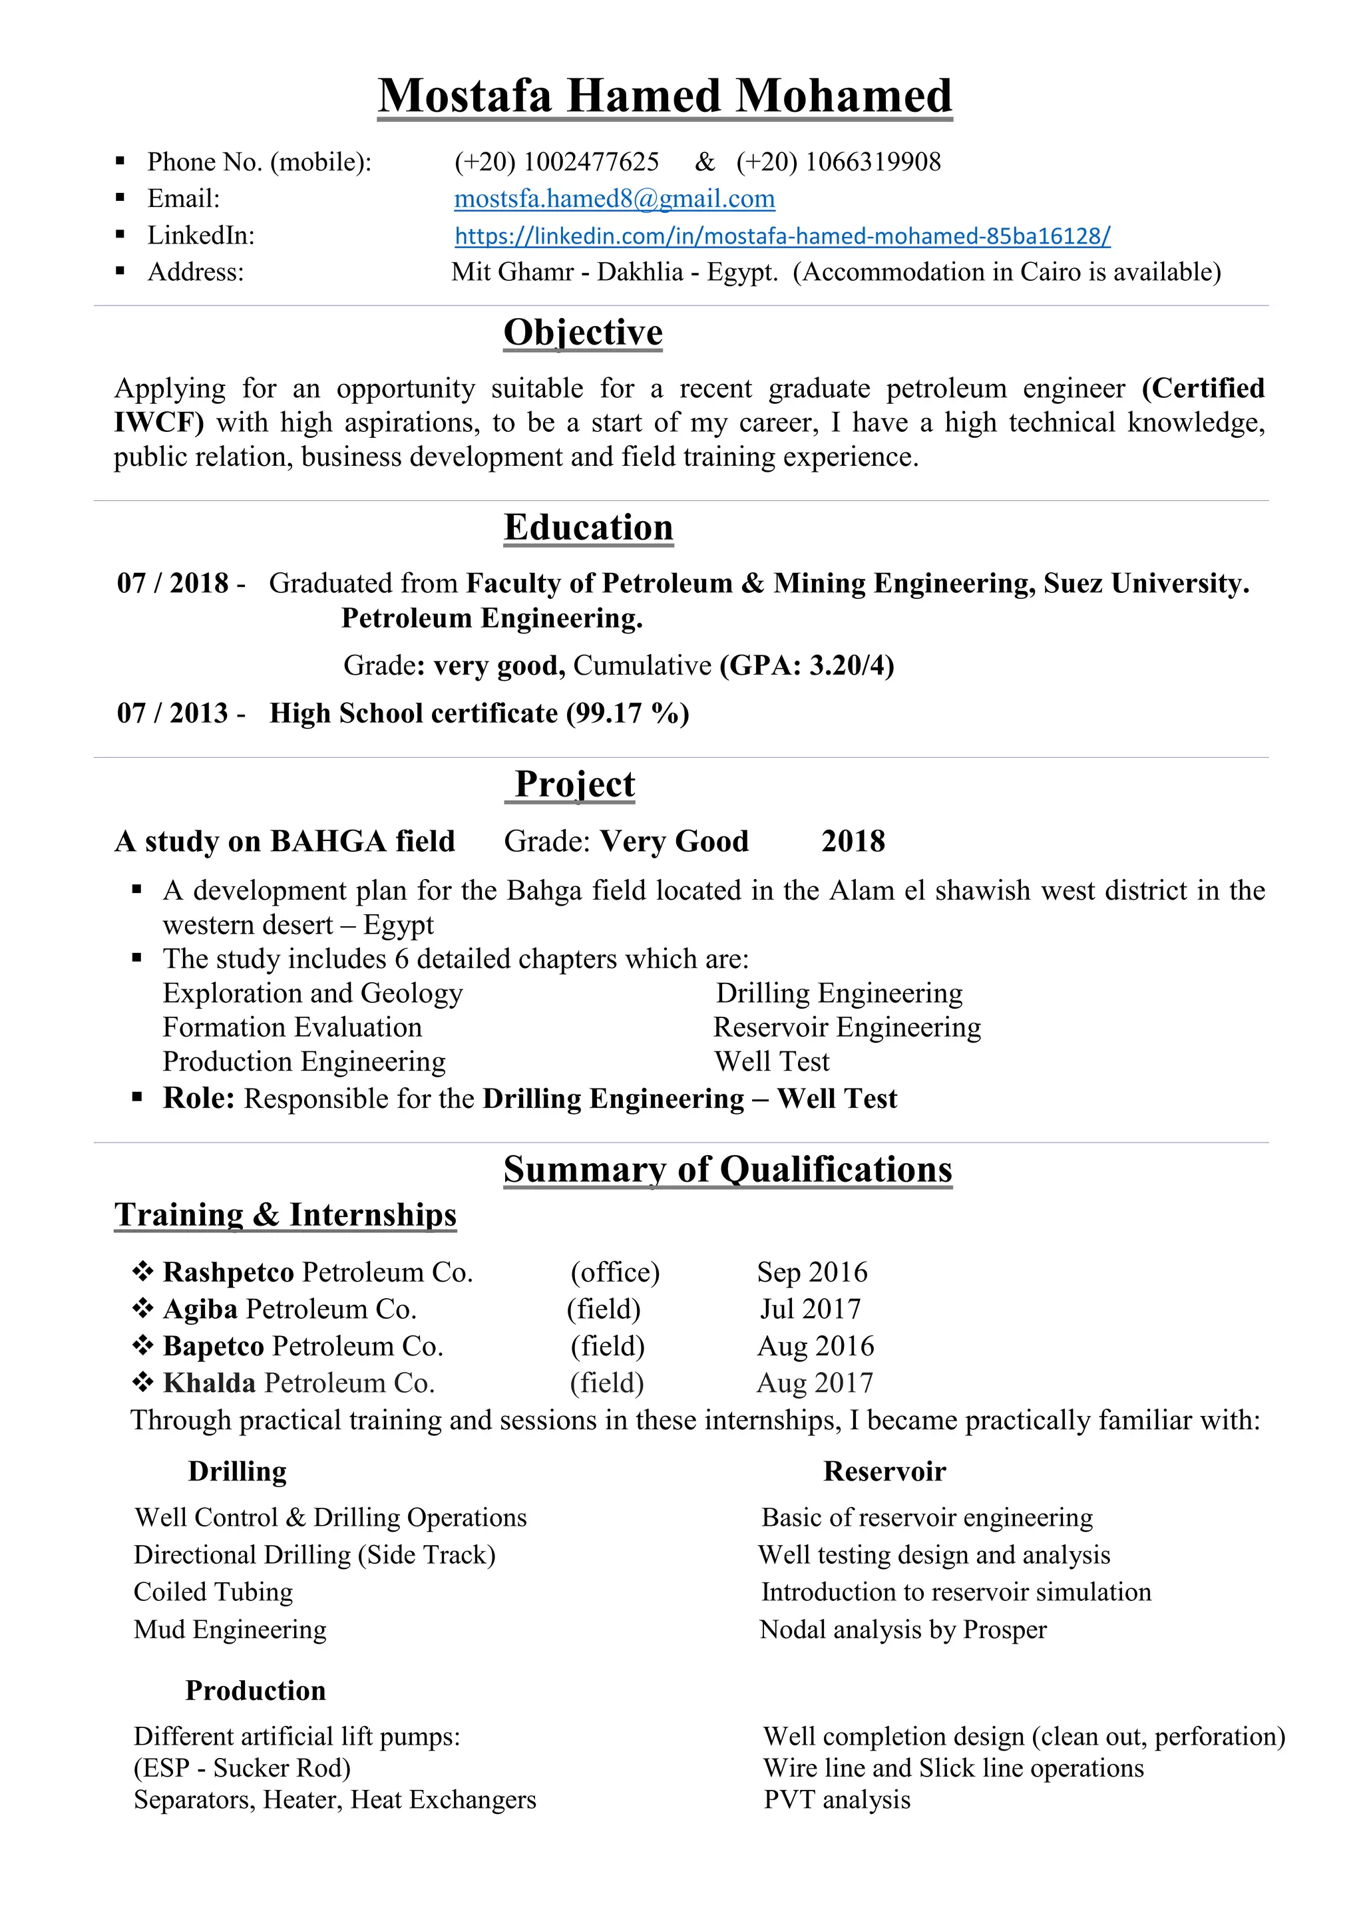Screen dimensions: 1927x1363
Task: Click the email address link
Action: (x=614, y=199)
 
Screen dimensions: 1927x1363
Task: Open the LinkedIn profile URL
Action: (x=782, y=236)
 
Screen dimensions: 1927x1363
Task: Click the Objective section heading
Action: (x=582, y=332)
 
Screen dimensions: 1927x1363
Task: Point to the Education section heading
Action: (x=588, y=528)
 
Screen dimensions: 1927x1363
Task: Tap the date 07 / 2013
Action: (x=173, y=713)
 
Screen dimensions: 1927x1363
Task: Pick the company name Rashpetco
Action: (x=228, y=1272)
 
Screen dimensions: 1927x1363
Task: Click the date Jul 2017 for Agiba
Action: (x=810, y=1310)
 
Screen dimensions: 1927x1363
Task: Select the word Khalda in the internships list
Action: (x=209, y=1383)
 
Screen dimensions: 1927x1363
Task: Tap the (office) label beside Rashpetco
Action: (x=615, y=1272)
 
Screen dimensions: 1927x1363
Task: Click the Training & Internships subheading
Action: (x=286, y=1215)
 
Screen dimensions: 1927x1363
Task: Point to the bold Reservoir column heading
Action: (x=884, y=1471)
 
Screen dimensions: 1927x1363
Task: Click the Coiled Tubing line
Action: (x=213, y=1592)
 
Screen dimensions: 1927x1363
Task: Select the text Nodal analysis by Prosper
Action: (x=903, y=1630)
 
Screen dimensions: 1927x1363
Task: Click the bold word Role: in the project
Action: (x=199, y=1099)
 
